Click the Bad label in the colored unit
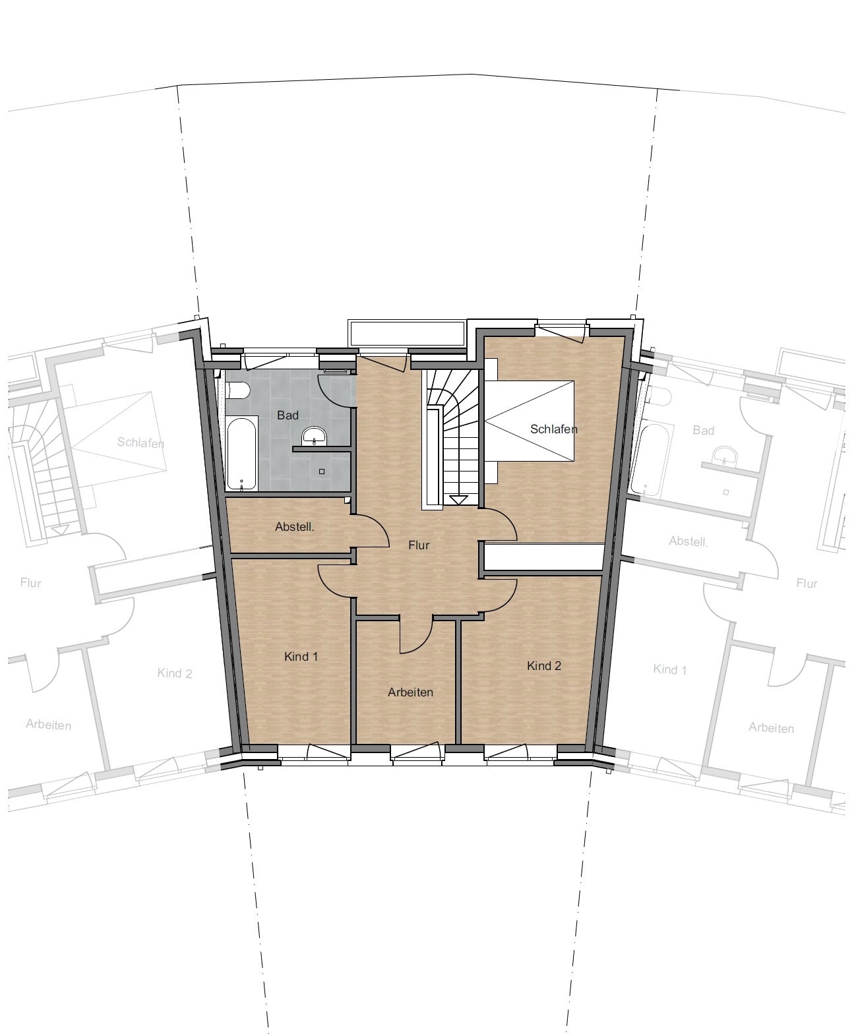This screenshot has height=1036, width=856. tap(288, 415)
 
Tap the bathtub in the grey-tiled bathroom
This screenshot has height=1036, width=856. tap(241, 454)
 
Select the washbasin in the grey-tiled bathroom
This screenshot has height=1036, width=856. tap(314, 437)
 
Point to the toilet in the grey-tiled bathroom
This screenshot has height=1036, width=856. tap(237, 390)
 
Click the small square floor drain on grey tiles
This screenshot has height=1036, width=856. tap(322, 472)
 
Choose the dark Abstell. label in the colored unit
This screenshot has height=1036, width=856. tap(295, 526)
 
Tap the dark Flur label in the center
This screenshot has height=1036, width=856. tap(419, 545)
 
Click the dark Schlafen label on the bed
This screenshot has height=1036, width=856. tap(554, 429)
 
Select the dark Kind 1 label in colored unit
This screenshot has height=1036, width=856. tap(301, 656)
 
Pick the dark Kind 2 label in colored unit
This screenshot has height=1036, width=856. tap(544, 666)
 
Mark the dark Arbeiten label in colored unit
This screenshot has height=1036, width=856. tap(410, 692)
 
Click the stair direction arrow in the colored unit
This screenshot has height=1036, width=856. tap(458, 499)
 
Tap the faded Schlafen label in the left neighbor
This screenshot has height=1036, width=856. tap(140, 442)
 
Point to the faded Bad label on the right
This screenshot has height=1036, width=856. tap(703, 430)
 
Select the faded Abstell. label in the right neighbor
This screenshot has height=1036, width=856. tap(688, 541)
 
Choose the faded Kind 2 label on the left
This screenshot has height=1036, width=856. tap(174, 673)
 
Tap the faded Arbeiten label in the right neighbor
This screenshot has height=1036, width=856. tap(771, 728)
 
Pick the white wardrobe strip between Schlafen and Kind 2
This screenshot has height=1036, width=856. tap(544, 557)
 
